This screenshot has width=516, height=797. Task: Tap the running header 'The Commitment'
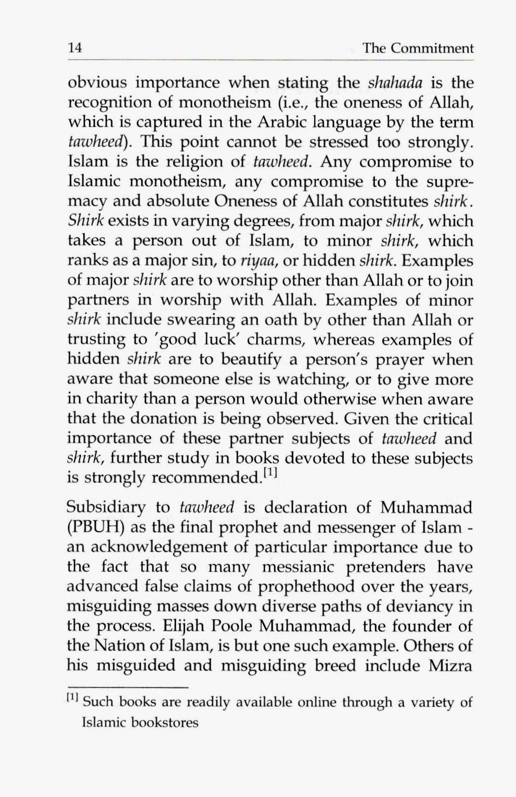click(x=418, y=48)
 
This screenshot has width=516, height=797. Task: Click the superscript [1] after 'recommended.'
click(x=271, y=475)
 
